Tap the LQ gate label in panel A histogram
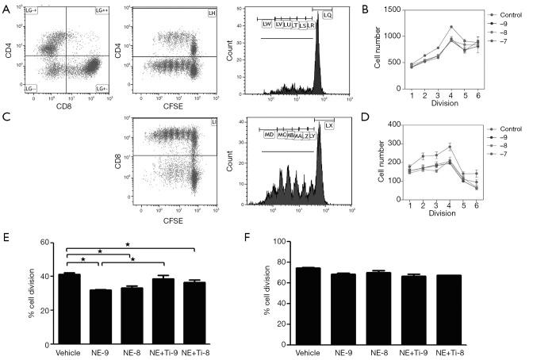tap(328, 15)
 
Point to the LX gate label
tap(329, 125)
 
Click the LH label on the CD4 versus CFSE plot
tap(211, 13)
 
